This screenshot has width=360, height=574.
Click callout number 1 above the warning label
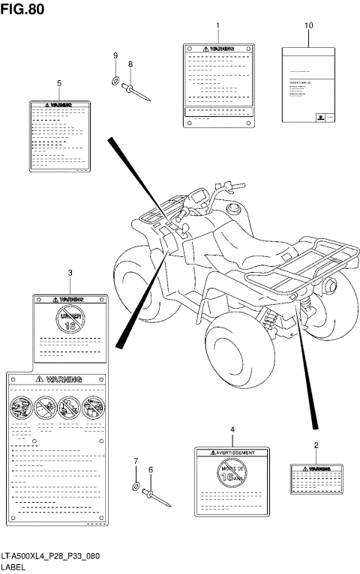coord(218,25)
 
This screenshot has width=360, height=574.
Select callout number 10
coord(308,25)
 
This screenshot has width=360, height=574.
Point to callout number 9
coord(115,56)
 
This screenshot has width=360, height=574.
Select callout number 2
coord(316,446)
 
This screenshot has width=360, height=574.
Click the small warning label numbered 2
coord(316,477)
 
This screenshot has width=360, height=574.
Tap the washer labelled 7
coord(135,487)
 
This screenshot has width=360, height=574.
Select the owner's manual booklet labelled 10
coord(308,85)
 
